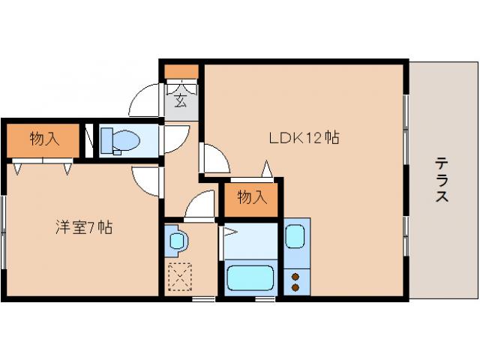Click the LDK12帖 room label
pos(304,138)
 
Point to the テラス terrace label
pos(442,180)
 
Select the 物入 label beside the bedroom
pos(43,139)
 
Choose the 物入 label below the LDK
pos(251,198)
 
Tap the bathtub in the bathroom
pos(250,278)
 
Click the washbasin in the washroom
pos(178,241)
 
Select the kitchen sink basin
pos(297,238)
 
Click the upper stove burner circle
pos(296,275)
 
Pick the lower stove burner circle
pos(296,286)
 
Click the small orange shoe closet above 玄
pos(181,72)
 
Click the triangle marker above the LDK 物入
pos(265,169)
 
